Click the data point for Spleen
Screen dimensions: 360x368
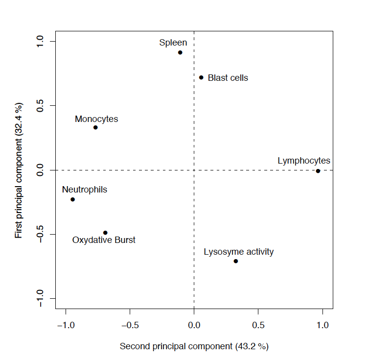[x=180, y=52]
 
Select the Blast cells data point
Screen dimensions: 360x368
[x=201, y=77]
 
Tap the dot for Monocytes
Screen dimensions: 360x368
[x=95, y=127]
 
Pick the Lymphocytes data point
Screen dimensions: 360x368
[x=318, y=171]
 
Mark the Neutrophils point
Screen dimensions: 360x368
[x=72, y=199]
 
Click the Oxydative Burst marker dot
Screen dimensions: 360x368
[x=105, y=233]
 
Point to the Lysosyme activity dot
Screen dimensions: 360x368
[x=236, y=261]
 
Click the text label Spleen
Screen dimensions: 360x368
[x=173, y=43]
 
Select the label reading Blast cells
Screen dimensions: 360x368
[x=228, y=78]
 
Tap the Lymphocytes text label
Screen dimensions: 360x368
[x=304, y=161]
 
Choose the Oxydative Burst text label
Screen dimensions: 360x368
[x=104, y=240]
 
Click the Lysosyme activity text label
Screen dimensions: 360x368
[x=239, y=252]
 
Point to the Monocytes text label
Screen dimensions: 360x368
[x=96, y=119]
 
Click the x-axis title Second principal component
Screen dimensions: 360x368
[x=194, y=346]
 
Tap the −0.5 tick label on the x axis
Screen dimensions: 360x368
[x=130, y=325]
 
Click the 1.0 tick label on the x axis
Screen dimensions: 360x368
[x=322, y=325]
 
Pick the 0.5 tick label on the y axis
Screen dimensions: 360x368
[x=40, y=105]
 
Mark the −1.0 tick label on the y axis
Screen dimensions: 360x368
[x=40, y=298]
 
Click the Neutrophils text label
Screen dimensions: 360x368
[x=84, y=190]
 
